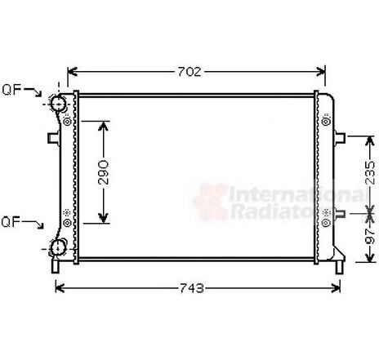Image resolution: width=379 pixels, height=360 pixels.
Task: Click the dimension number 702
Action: coord(189,71)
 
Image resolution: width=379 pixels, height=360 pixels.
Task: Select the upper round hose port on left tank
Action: coord(58,104)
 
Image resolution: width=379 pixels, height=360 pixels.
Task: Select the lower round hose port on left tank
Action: coord(58,248)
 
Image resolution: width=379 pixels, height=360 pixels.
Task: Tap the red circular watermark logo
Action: coord(208,202)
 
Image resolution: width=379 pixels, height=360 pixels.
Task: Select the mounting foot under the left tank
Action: coord(56,265)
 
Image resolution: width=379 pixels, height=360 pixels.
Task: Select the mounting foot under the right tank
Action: coord(337,263)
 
